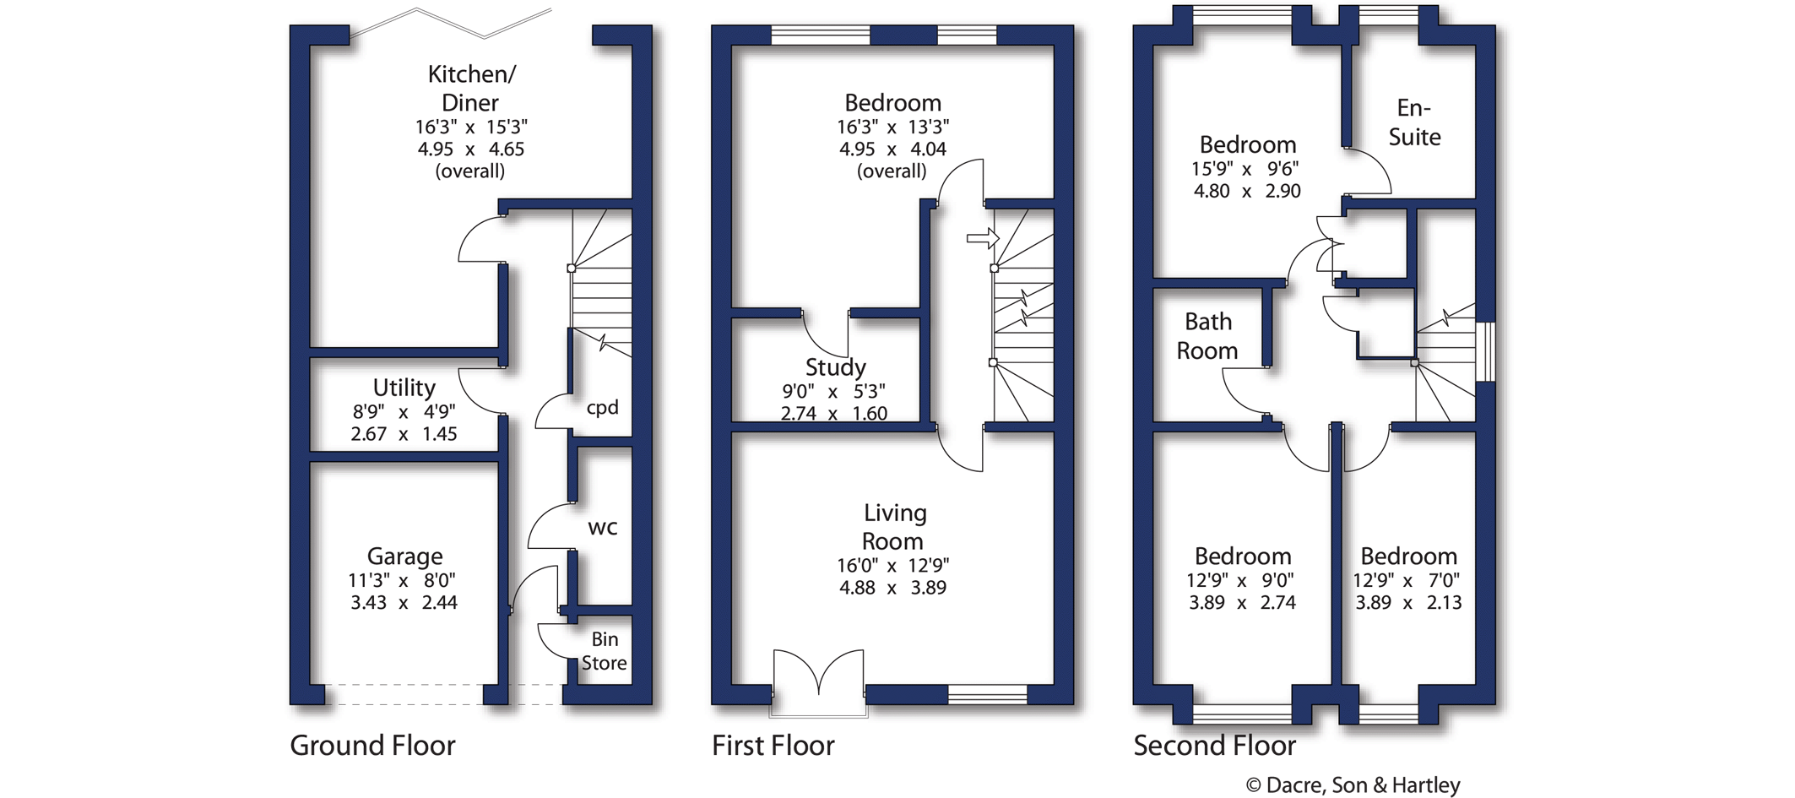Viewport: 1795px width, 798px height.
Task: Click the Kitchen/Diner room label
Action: point(470,88)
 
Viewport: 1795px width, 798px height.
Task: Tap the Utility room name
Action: point(404,388)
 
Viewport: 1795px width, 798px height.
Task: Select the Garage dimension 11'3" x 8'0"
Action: point(402,580)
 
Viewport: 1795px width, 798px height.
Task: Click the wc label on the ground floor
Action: point(602,528)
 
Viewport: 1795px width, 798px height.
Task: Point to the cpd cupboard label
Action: point(602,408)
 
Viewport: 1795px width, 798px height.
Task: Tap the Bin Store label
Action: point(604,651)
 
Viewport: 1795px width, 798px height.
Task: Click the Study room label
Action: point(835,367)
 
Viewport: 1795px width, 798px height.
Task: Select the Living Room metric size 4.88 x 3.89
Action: point(892,588)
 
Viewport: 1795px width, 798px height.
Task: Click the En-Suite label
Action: point(1414,122)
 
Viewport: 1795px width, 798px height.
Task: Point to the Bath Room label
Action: point(1207,336)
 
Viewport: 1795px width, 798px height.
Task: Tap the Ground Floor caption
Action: point(372,746)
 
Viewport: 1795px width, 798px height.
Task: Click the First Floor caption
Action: point(773,746)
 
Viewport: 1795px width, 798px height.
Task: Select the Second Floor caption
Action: point(1214,746)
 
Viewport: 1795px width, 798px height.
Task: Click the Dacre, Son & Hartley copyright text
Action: point(1353,785)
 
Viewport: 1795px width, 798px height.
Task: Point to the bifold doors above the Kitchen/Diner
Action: point(452,24)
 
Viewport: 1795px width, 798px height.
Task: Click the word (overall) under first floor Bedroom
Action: point(892,171)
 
